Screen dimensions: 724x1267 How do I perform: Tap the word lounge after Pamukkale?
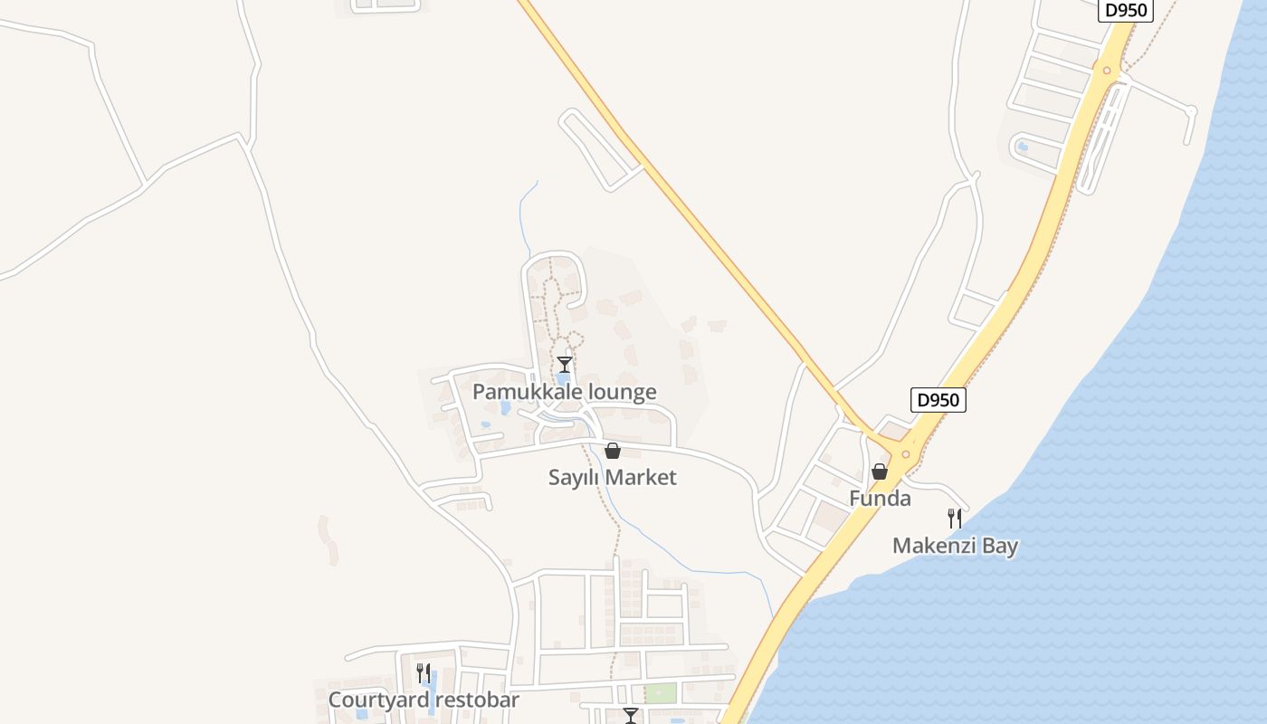[623, 392]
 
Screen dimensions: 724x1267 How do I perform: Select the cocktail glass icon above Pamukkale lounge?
[565, 365]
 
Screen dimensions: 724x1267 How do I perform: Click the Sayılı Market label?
[612, 477]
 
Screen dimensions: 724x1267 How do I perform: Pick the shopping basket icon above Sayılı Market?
[613, 451]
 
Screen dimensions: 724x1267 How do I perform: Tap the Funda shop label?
[880, 499]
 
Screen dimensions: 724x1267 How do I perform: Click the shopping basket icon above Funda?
[879, 472]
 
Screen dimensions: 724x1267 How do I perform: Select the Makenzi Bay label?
[955, 546]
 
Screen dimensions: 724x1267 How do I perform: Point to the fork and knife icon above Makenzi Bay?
[954, 519]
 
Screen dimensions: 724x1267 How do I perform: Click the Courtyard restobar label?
[424, 700]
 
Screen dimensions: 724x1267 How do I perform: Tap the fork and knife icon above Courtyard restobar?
[423, 672]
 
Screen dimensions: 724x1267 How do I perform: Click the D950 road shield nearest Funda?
[938, 400]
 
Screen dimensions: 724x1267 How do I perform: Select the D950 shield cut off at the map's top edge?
[1126, 10]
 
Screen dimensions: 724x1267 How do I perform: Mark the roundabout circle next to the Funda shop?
[905, 454]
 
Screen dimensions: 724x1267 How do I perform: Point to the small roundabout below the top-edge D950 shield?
[1106, 70]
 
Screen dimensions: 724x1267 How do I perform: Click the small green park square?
[661, 693]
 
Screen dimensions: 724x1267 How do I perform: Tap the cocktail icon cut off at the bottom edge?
[631, 716]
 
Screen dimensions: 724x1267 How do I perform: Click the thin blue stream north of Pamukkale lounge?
[524, 217]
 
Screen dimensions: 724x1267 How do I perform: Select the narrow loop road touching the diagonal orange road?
[597, 149]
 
